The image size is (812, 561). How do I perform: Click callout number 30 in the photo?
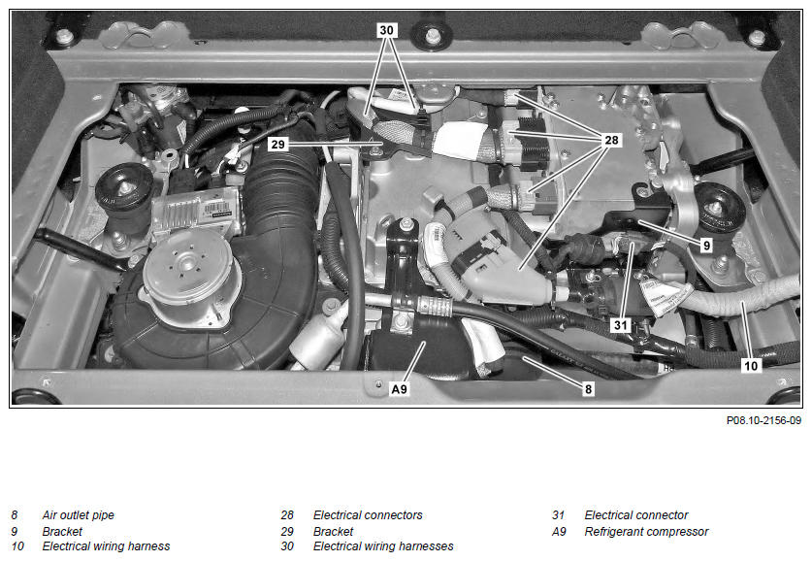coord(386,30)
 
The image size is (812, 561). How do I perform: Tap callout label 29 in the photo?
coord(278,144)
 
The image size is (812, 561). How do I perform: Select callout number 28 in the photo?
coord(611,140)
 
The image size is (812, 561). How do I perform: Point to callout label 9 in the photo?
coord(706,245)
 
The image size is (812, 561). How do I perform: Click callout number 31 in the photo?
coord(620,325)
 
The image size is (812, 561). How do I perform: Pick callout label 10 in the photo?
coord(750,366)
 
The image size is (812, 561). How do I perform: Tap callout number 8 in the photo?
coord(588,388)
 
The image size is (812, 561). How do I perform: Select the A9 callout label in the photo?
coord(400,388)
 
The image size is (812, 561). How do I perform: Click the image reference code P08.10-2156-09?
coord(763,420)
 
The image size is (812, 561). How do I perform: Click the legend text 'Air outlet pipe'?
coord(79,515)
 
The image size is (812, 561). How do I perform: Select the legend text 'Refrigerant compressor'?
coord(646,532)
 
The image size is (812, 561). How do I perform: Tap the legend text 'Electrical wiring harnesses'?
coord(383,546)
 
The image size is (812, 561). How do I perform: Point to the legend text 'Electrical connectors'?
coord(368,515)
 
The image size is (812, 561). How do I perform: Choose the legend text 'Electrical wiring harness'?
coord(106,546)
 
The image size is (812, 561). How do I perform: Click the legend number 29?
coord(287,532)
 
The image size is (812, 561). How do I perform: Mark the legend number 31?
coord(558,515)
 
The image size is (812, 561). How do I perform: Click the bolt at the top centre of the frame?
coord(433,35)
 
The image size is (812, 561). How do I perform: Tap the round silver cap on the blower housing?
coord(187,267)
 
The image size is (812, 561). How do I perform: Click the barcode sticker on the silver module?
coord(216,210)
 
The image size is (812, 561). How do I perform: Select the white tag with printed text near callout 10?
coord(665,296)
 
